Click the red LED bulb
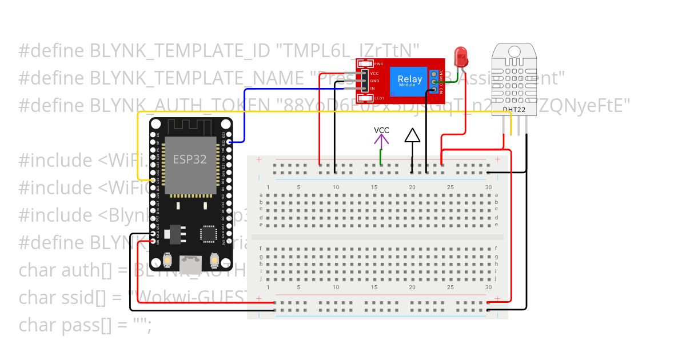461,56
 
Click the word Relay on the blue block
410,79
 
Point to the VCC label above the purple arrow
381,130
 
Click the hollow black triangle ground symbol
412,135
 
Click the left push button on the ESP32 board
169,261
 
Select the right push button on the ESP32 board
214,261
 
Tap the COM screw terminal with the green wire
434,82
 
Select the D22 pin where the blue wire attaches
229,142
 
